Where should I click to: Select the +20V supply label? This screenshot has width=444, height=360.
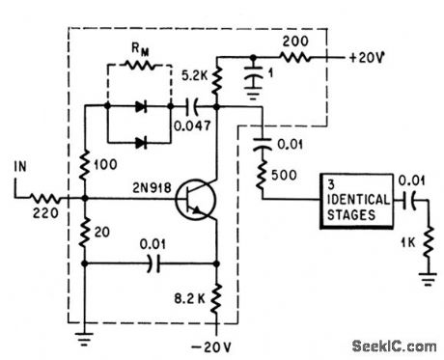tap(371, 55)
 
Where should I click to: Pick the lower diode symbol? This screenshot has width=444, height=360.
tap(146, 143)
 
